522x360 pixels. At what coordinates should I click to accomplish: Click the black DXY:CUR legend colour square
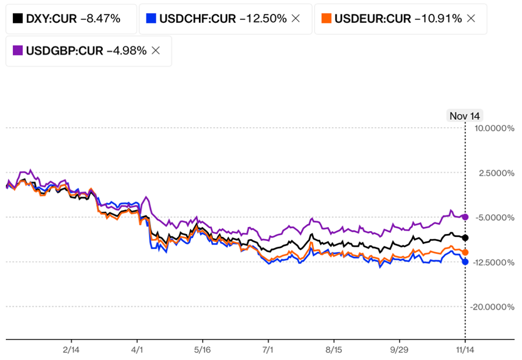tap(17, 19)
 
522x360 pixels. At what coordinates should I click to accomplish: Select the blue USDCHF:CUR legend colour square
tap(151, 19)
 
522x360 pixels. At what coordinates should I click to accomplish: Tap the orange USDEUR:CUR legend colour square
tap(327, 19)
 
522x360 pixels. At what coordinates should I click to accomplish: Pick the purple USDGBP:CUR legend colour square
tap(17, 50)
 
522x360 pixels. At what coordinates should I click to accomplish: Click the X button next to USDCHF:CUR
tap(296, 19)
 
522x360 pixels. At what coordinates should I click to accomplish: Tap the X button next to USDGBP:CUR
tap(156, 50)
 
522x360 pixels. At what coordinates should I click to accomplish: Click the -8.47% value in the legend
tap(100, 19)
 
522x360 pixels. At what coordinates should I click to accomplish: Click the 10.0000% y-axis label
tap(494, 128)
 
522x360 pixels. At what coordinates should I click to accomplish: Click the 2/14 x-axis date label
tap(71, 349)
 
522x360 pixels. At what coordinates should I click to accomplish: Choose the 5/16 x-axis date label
tap(202, 349)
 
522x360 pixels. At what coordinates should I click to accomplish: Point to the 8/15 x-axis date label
tap(333, 349)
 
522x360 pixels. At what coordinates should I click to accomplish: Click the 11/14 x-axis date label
tap(465, 349)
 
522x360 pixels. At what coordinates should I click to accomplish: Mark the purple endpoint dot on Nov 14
tap(465, 217)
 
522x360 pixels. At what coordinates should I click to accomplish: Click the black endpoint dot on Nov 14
tap(465, 237)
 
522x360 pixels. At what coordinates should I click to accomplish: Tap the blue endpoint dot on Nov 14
tap(465, 262)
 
